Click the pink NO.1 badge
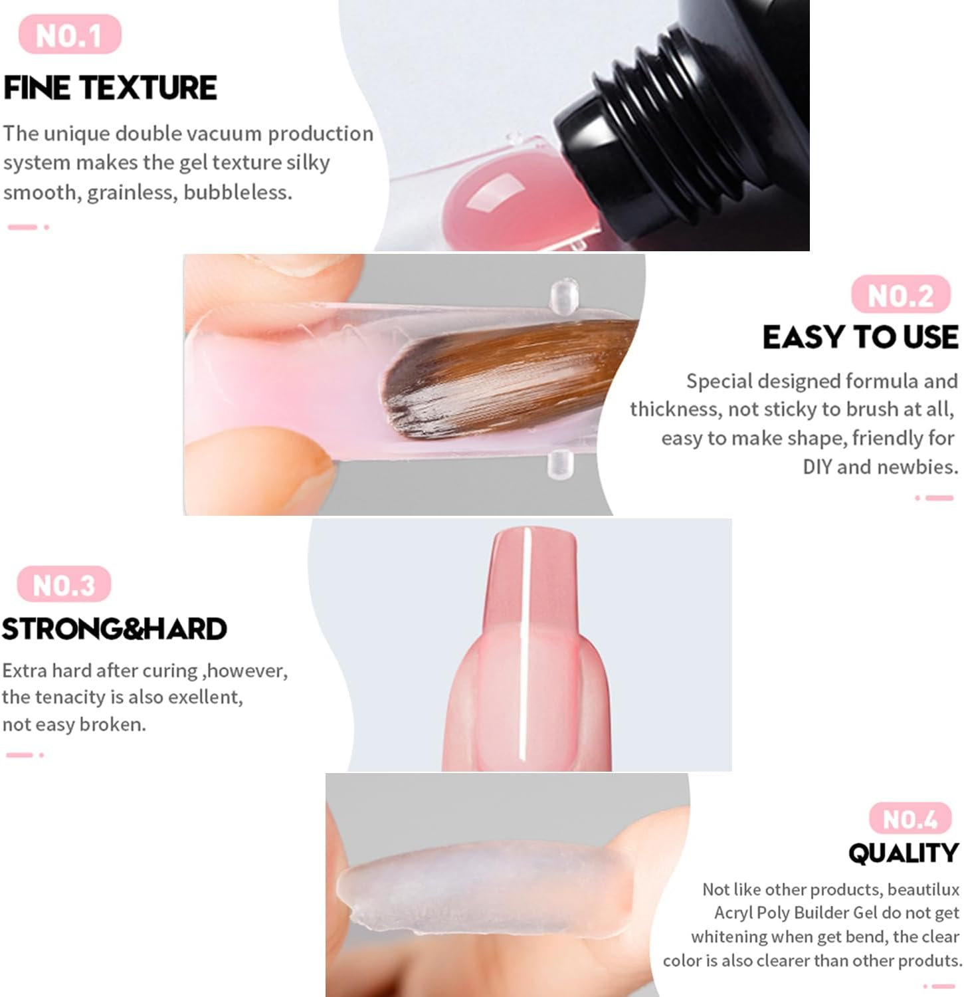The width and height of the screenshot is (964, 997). point(70,35)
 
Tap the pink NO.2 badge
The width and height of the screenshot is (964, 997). point(900,294)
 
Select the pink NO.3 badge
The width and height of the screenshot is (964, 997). point(64,585)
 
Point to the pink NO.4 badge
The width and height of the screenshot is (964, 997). point(910,819)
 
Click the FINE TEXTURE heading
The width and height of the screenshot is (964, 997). point(110,88)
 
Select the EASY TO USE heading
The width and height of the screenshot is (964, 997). point(860,337)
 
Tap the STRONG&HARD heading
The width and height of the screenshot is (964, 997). point(114,629)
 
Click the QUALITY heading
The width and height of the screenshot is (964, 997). point(903,853)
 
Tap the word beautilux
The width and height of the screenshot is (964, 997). point(923,889)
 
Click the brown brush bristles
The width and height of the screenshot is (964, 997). point(505,379)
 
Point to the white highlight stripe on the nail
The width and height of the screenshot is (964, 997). point(525,645)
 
